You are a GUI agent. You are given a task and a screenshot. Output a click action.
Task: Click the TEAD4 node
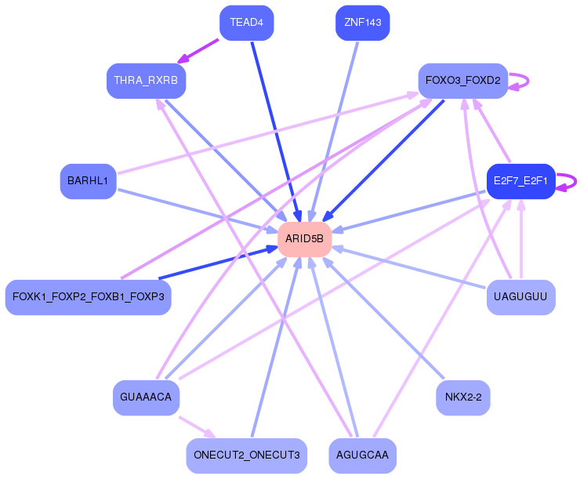[247, 23]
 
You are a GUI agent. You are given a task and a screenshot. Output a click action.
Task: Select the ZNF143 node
[362, 23]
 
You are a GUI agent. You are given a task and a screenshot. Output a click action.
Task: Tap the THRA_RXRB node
[146, 81]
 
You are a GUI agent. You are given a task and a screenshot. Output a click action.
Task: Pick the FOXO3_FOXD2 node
[462, 81]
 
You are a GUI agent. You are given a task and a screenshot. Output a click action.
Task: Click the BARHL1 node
[88, 181]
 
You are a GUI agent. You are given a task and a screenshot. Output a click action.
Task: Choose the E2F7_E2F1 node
[520, 181]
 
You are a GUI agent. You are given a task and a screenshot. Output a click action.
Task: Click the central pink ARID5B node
[304, 239]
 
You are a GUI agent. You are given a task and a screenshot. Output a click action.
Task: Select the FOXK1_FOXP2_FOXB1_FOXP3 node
[88, 297]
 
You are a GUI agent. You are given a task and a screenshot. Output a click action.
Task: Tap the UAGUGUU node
[520, 297]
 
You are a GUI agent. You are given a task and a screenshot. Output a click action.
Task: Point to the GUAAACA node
[146, 397]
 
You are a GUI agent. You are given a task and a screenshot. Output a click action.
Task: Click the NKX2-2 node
[462, 397]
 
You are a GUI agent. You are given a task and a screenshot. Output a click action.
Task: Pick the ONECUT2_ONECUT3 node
[246, 455]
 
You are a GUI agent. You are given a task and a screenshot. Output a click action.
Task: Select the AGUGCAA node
[362, 455]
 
